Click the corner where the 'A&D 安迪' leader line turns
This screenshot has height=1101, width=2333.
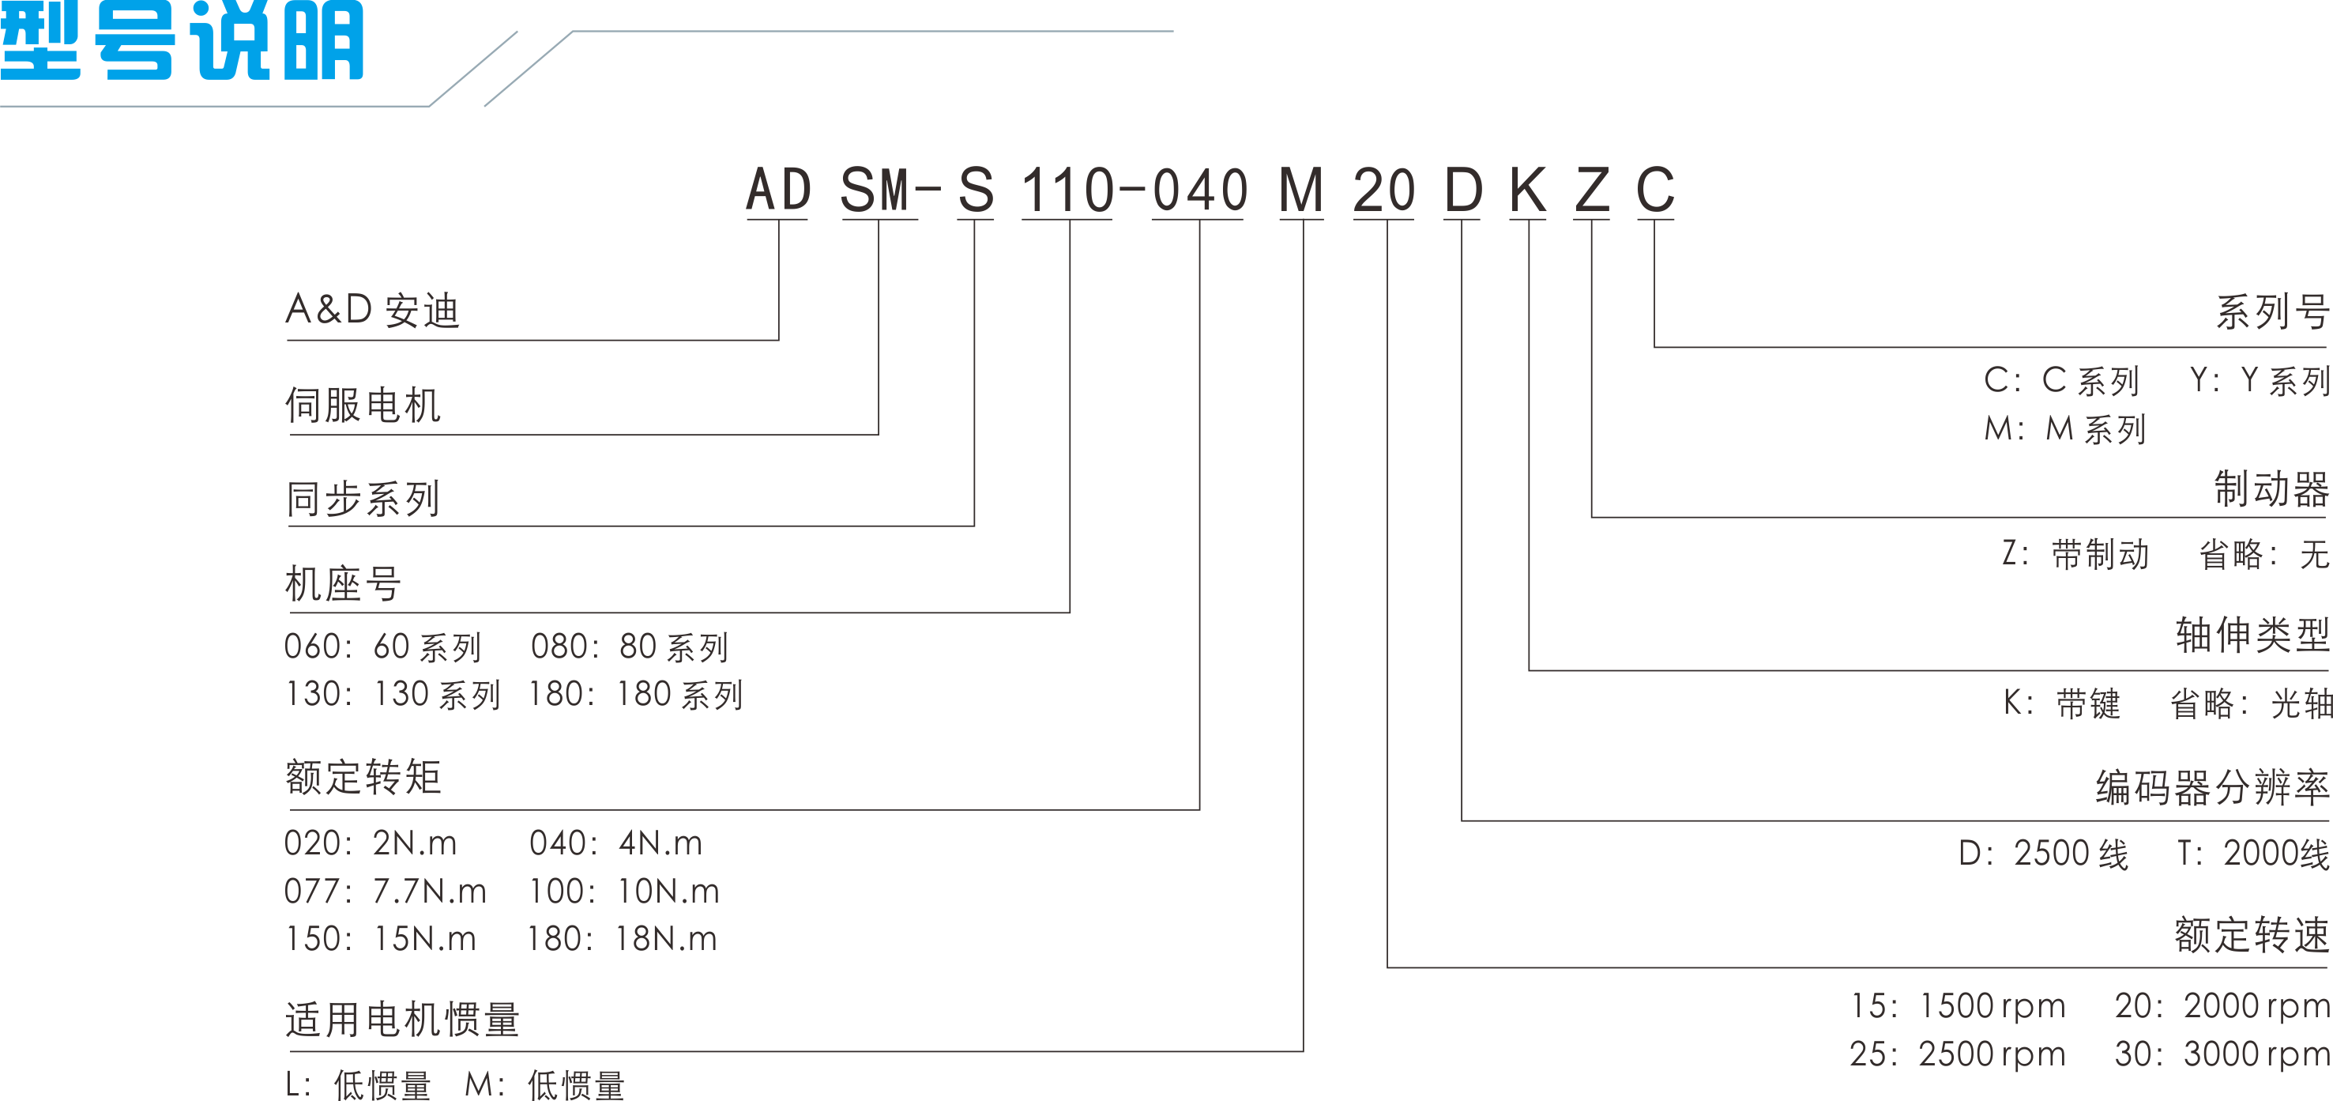pyautogui.click(x=779, y=341)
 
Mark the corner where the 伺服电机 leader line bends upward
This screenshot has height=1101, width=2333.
pyautogui.click(x=879, y=435)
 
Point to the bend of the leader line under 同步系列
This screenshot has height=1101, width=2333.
pyautogui.click(x=974, y=526)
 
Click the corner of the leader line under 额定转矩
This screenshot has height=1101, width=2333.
pyautogui.click(x=1200, y=810)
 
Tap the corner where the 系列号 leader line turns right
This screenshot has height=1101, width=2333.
pyautogui.click(x=1654, y=347)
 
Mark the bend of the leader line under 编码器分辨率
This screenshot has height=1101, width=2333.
pyautogui.click(x=1462, y=822)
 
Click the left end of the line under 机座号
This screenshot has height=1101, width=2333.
pyautogui.click(x=288, y=613)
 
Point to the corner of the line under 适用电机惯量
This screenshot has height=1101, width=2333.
pyautogui.click(x=1304, y=1051)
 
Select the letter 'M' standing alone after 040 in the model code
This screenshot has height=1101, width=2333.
pyautogui.click(x=1301, y=190)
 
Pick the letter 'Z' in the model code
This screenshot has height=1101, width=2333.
pyautogui.click(x=1592, y=190)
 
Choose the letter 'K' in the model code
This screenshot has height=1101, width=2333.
pyautogui.click(x=1528, y=190)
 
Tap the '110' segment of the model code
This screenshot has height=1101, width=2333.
pyautogui.click(x=1067, y=190)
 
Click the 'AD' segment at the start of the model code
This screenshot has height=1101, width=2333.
pyautogui.click(x=778, y=190)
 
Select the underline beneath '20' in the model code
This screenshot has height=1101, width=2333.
pyautogui.click(x=1384, y=219)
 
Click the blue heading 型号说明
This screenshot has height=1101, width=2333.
pyautogui.click(x=181, y=41)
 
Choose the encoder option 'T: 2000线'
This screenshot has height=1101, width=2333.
pyautogui.click(x=2253, y=854)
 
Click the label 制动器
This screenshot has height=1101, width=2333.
pyautogui.click(x=2271, y=489)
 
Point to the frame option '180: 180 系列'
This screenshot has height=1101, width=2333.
pyautogui.click(x=636, y=695)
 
